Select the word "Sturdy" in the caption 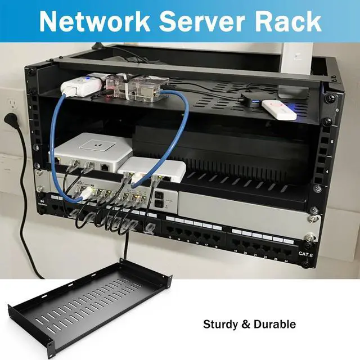220,325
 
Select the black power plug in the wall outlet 10,120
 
